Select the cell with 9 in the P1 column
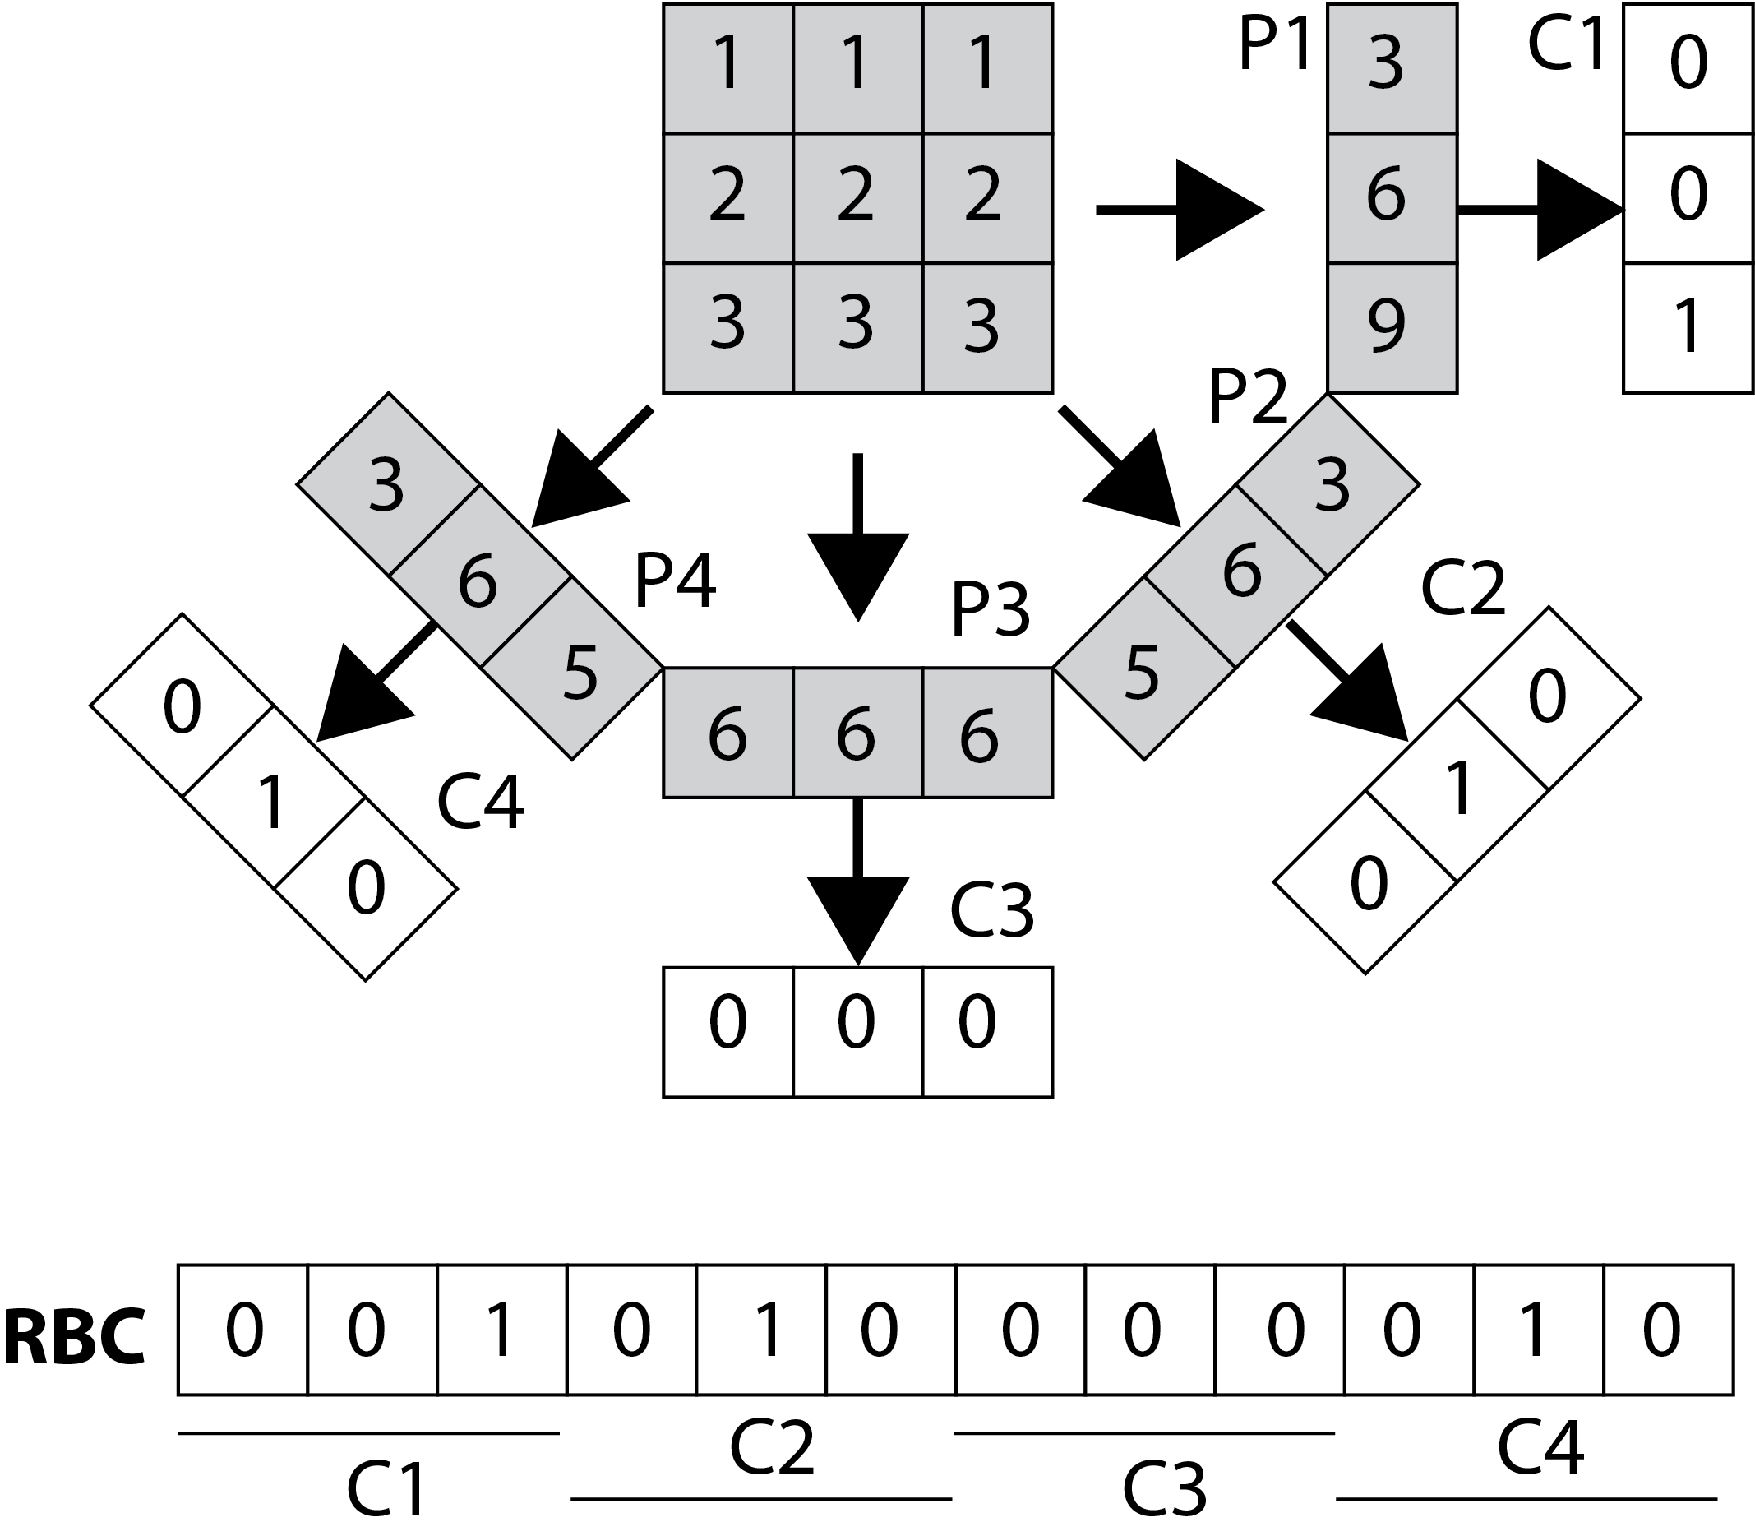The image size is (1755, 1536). point(1392,328)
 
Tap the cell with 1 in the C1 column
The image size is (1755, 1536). point(1687,328)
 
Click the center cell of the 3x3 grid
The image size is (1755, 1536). point(857,198)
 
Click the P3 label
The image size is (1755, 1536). point(990,610)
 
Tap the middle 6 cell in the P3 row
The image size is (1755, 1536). point(857,733)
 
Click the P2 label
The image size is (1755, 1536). point(1248,398)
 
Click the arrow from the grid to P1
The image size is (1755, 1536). point(1183,209)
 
